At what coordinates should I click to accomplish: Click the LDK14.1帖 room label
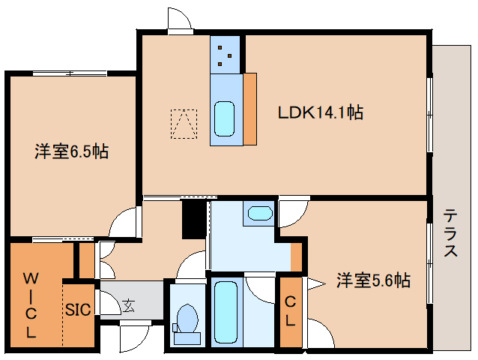(321, 112)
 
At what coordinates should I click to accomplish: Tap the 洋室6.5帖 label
(71, 151)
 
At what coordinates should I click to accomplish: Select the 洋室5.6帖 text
(372, 280)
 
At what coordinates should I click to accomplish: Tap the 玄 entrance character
(129, 305)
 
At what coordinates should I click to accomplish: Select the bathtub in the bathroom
(225, 312)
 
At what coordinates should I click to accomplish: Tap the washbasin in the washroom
(259, 213)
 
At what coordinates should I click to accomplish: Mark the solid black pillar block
(193, 218)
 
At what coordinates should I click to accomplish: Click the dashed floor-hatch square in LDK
(184, 124)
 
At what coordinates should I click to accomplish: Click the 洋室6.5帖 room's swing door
(124, 221)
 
